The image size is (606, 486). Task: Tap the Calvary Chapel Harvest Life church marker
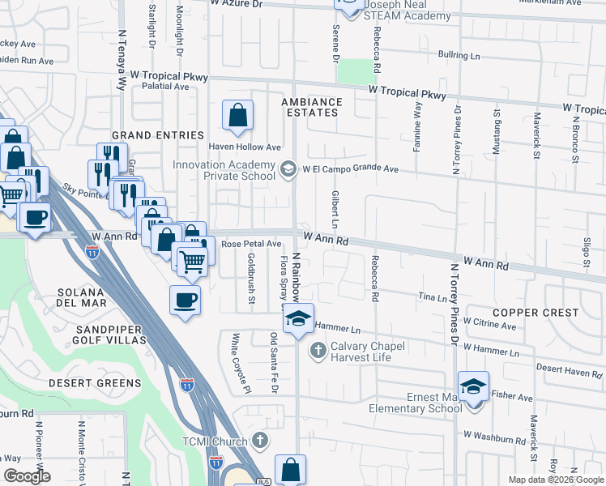(318, 351)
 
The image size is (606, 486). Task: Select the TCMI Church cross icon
(259, 441)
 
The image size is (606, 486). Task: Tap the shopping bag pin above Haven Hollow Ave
(238, 116)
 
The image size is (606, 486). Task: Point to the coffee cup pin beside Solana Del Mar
(185, 301)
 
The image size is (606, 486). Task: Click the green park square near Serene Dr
(351, 71)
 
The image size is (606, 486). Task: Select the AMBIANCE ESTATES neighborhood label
(312, 108)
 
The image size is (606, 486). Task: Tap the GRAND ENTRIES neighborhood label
(158, 134)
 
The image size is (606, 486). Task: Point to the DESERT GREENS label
(95, 382)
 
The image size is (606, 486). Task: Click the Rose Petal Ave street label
(251, 243)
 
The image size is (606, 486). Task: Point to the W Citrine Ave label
(489, 326)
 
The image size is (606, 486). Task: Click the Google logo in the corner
(27, 475)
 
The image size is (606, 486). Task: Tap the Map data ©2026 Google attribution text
(555, 480)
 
